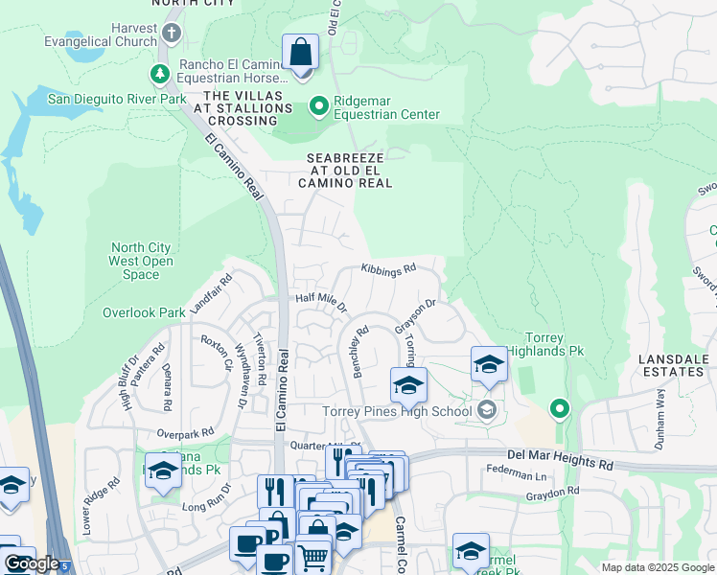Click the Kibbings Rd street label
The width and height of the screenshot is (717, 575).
(388, 269)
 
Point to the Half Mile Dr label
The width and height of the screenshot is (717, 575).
(320, 301)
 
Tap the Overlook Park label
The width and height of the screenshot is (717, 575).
(144, 312)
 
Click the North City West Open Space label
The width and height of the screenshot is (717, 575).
(142, 262)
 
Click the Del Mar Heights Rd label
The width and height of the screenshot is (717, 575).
(562, 463)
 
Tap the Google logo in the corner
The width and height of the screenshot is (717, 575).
(32, 563)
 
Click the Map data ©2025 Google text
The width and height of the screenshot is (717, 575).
(657, 567)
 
